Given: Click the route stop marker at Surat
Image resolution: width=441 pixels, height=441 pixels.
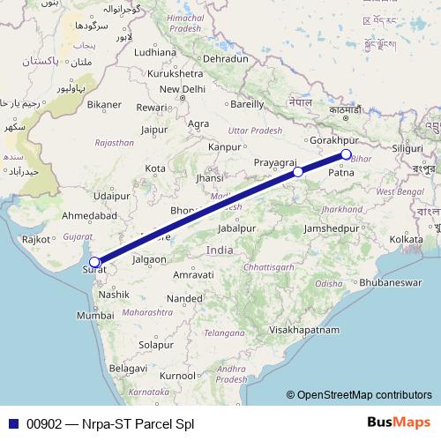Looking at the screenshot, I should tap(94, 262).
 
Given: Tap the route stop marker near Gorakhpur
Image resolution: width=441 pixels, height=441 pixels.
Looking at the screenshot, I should tap(346, 155).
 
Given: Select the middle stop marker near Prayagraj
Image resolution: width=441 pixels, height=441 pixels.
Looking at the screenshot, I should tap(298, 172).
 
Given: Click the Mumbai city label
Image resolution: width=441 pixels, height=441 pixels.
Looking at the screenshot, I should tap(94, 315).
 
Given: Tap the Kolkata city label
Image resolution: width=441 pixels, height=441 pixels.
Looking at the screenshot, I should tap(407, 239).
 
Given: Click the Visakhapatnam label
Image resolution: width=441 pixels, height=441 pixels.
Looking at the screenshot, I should tap(304, 329).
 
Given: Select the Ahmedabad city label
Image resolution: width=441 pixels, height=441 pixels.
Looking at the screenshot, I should tap(89, 215).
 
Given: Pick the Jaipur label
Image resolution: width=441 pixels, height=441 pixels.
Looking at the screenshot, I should tap(154, 129).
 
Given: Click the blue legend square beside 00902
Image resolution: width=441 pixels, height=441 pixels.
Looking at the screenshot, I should tap(11, 423).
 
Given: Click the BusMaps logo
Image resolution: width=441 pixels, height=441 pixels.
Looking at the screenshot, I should tap(399, 422).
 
